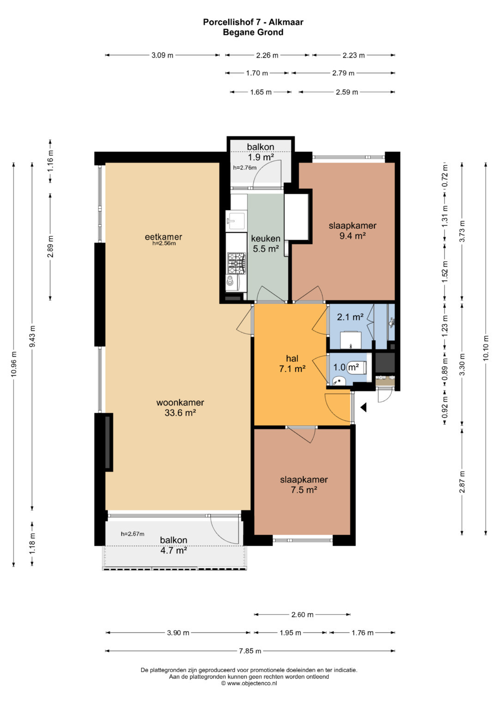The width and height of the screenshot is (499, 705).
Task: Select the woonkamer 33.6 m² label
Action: [x=180, y=407]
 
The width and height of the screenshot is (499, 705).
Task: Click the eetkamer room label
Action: [x=164, y=237]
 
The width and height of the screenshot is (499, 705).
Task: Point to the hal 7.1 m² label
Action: [x=292, y=363]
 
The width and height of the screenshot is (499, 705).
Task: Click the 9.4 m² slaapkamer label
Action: [x=353, y=230]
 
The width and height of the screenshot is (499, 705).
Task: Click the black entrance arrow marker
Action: [x=364, y=408]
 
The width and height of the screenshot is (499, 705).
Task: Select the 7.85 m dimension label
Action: [x=250, y=651]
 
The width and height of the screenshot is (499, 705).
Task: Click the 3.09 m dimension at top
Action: [x=162, y=55]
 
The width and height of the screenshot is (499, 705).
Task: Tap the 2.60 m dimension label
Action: [x=303, y=615]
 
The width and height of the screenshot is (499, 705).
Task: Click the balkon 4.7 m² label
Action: [x=174, y=545]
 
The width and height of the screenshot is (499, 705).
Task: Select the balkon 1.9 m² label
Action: [x=260, y=152]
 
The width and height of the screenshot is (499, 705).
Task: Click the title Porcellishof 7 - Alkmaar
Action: [x=253, y=22]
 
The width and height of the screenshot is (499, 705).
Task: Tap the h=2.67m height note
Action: [x=133, y=534]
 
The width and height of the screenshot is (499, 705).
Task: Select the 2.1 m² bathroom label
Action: [x=350, y=317]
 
